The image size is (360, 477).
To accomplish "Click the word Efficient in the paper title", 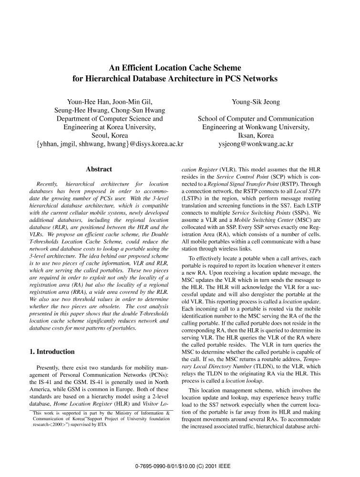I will point(145,69).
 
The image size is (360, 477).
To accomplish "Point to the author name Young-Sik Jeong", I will point(256,102).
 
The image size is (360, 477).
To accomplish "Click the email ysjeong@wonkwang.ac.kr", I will point(256,144).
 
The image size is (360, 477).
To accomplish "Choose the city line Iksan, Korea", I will point(256,135).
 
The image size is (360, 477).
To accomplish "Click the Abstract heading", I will point(99,169).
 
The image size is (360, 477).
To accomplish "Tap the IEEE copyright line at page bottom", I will point(180,464).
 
